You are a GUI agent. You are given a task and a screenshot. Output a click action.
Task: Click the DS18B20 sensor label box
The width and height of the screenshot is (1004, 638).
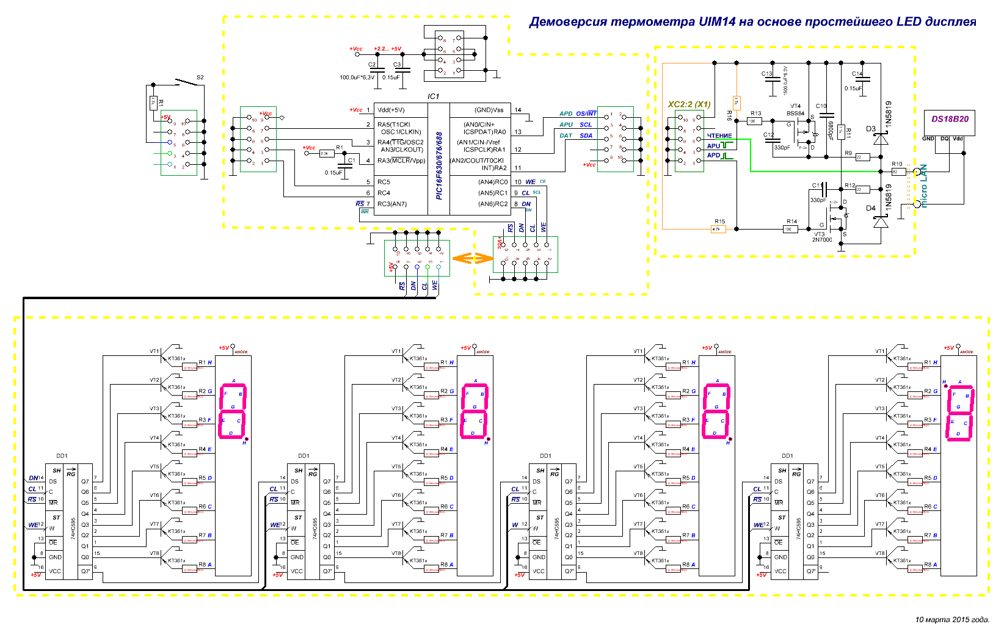tap(950, 119)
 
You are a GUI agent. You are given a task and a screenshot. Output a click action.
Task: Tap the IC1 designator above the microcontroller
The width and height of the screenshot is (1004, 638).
tap(433, 96)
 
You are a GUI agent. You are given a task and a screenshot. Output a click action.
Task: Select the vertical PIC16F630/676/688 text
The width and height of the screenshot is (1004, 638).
tap(439, 165)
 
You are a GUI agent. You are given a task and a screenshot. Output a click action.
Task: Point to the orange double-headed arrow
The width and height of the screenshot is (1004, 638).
tap(472, 259)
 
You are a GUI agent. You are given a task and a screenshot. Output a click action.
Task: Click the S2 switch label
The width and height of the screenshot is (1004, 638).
tap(200, 78)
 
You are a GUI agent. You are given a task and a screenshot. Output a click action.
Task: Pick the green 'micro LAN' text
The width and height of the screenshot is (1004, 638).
tap(923, 186)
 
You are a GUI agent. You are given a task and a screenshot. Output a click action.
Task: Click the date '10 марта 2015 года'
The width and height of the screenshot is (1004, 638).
tap(951, 620)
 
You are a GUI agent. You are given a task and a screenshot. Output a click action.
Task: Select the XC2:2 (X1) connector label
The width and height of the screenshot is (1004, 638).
tap(689, 104)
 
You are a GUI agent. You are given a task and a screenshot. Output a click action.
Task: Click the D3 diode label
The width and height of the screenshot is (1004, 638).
tap(871, 129)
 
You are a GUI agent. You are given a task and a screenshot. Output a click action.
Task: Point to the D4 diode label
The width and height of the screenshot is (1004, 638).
tap(871, 208)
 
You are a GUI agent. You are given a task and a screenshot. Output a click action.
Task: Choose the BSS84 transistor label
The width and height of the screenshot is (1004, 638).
tap(795, 114)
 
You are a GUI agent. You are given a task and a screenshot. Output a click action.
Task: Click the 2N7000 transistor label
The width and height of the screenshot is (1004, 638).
tap(821, 240)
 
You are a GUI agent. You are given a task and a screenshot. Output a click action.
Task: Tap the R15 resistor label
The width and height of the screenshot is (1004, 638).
tap(719, 222)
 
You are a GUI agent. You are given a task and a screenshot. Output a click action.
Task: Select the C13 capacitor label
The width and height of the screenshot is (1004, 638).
tap(767, 74)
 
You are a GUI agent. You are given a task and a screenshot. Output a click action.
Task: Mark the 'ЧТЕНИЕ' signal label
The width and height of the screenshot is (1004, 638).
tap(719, 136)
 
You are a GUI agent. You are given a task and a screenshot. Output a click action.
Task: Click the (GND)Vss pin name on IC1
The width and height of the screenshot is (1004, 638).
tap(489, 111)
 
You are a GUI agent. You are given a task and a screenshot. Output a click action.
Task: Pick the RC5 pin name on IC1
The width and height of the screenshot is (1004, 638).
tap(384, 182)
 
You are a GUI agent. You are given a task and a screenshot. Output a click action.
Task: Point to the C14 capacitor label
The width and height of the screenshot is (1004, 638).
tap(857, 74)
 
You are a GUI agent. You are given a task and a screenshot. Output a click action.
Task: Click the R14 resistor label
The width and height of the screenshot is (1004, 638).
tap(791, 222)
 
